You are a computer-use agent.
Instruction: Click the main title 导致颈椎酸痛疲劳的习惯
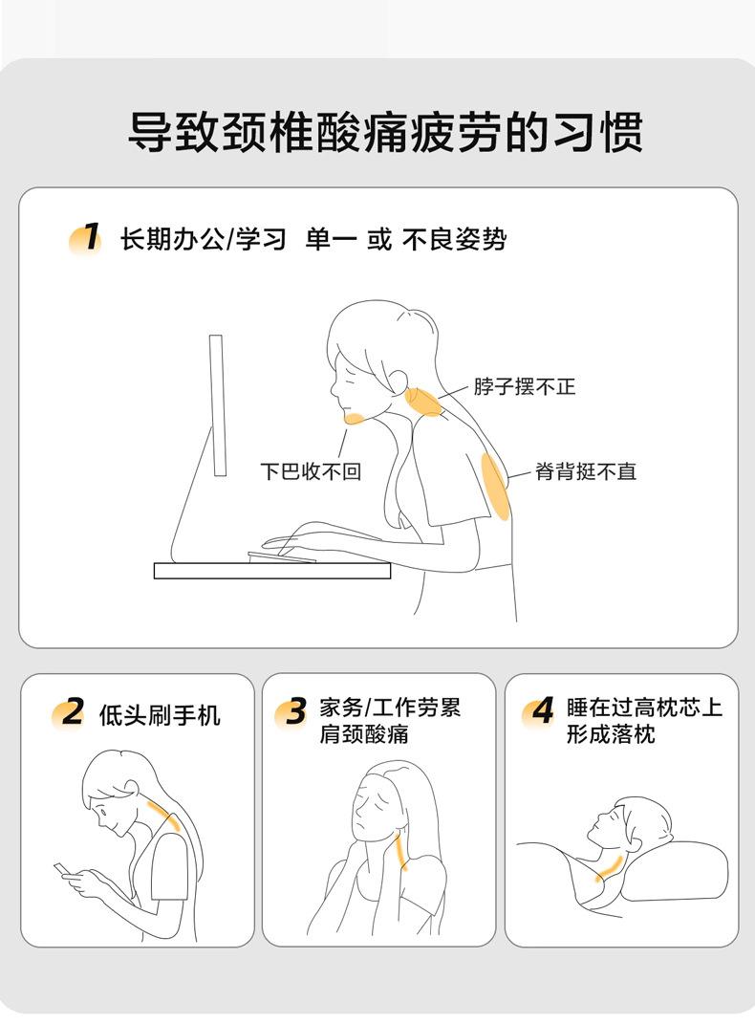tap(385, 132)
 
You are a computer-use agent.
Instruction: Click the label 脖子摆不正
tap(525, 386)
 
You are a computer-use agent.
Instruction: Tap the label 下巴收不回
tap(311, 470)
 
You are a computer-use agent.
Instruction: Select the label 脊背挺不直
tap(585, 470)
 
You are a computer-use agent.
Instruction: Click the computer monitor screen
tap(217, 404)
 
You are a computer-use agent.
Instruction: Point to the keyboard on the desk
tap(281, 557)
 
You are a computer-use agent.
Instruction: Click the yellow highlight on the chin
tap(355, 419)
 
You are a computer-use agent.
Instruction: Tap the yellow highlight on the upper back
tap(496, 487)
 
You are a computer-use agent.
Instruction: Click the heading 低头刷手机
tap(160, 715)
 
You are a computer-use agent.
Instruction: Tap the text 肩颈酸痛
tap(363, 734)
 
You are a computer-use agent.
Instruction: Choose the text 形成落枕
tap(611, 734)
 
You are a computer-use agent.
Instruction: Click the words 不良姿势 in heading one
tap(454, 240)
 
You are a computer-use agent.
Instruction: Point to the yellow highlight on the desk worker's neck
tap(422, 401)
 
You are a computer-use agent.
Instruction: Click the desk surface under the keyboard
tap(272, 571)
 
